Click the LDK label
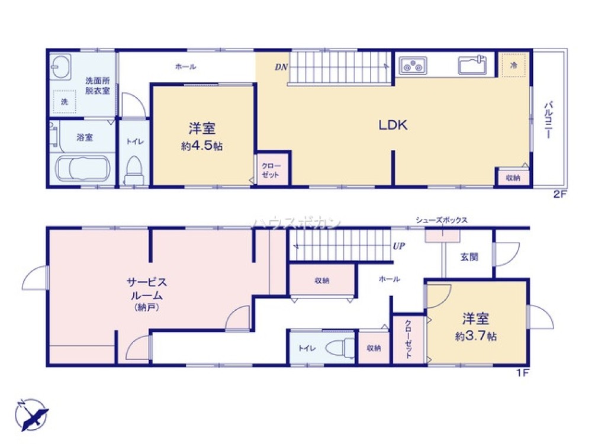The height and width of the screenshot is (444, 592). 393,125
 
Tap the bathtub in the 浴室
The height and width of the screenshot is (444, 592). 83,169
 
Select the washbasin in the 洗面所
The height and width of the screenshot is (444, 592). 60,67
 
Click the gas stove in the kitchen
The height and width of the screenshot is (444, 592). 413,66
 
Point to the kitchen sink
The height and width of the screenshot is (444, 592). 472,65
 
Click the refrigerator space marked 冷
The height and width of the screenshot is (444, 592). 513,65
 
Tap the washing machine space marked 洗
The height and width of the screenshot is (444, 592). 65,102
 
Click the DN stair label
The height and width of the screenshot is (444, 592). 281,67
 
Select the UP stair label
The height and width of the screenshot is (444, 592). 398,246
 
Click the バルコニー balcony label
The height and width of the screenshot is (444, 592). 548,120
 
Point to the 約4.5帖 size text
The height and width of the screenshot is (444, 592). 202,146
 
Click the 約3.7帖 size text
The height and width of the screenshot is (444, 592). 476,336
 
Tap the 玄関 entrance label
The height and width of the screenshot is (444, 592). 469,257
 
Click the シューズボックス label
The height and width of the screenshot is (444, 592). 442,220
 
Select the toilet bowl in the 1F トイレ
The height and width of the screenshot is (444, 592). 340,348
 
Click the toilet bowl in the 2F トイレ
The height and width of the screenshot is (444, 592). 134,170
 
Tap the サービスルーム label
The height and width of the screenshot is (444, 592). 146,289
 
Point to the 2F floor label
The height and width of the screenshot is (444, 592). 560,194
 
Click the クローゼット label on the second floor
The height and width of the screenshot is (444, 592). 271,170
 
